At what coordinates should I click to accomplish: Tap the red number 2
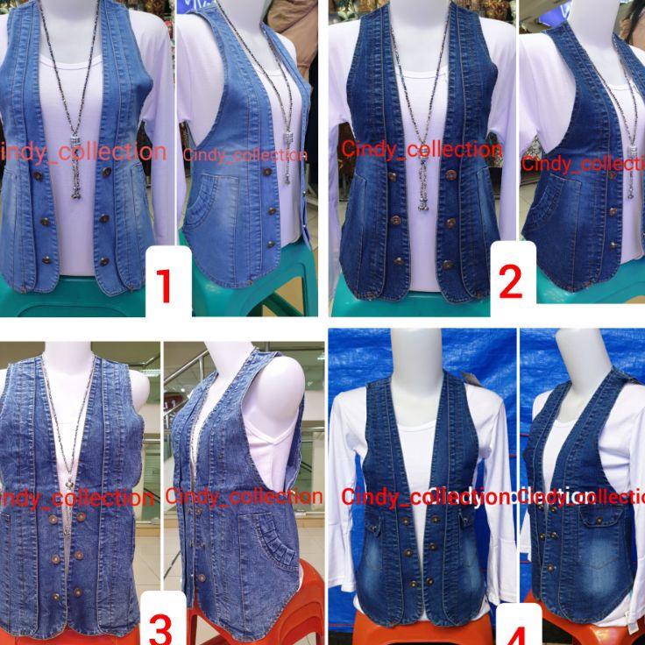click(509, 282)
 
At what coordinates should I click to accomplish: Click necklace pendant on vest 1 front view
click(75, 180)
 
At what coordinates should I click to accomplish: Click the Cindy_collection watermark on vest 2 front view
click(422, 149)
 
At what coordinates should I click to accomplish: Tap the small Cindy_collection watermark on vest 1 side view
click(245, 155)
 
